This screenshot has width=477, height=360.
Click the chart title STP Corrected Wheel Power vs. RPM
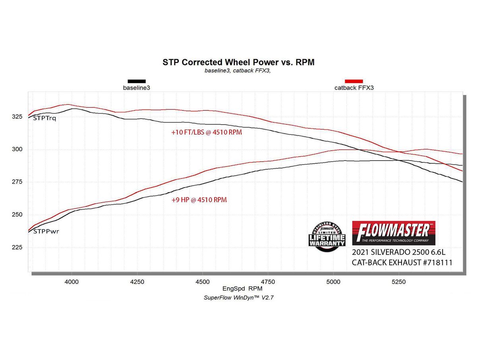(x=238, y=62)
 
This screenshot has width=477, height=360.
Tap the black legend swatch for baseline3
(x=136, y=81)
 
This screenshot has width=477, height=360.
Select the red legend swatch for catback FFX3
(x=354, y=81)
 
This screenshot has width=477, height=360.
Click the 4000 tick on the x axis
(x=72, y=282)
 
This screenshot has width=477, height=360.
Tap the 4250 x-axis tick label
(x=137, y=282)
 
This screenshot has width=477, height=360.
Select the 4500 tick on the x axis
(x=202, y=282)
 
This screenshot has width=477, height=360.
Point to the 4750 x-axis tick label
(x=268, y=282)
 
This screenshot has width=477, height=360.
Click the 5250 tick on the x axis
(x=399, y=282)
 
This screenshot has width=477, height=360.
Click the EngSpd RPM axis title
(x=238, y=288)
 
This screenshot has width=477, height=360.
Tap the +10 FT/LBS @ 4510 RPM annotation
(x=206, y=132)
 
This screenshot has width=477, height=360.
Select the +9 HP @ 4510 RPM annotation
(x=199, y=200)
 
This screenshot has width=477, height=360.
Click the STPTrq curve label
(x=45, y=118)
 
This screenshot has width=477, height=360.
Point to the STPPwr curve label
(x=46, y=231)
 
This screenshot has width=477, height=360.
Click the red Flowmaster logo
(x=394, y=233)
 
